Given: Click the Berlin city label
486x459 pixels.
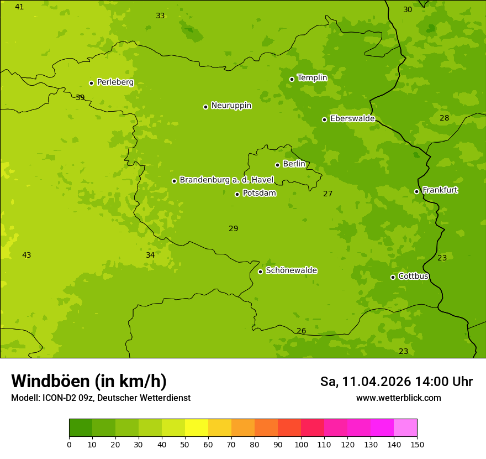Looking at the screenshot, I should pos(294,164).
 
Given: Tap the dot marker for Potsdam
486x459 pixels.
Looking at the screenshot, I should pos(237,194).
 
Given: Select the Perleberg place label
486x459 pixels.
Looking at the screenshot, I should pos(115,82).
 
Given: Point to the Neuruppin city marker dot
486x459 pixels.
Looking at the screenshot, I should pos(205,107).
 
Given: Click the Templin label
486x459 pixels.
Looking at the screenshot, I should pos(312,78).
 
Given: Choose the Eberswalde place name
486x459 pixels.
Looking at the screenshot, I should pos(352,119).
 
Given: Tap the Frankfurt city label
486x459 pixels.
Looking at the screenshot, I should pos(440,190).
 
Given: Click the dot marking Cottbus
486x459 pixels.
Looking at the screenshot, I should pos(393,277).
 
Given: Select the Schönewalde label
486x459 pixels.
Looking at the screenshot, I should pos(291,270).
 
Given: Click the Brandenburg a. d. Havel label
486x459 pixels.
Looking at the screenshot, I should pos(226,180).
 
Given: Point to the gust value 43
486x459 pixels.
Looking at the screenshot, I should pos(27,255).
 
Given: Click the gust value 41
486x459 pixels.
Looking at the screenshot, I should pos(19,7).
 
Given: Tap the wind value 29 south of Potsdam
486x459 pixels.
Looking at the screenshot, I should pos(234,228).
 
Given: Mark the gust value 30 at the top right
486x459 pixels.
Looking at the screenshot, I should pos(408,9).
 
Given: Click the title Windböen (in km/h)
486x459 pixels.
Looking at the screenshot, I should pos(89,381).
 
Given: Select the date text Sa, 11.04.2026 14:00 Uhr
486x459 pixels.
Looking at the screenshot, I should pos(396,382).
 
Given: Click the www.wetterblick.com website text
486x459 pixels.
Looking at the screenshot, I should pos(398,398).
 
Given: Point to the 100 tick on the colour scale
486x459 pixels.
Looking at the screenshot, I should pos(301,444).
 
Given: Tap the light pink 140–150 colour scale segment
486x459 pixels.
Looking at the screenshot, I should pos(405,428).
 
